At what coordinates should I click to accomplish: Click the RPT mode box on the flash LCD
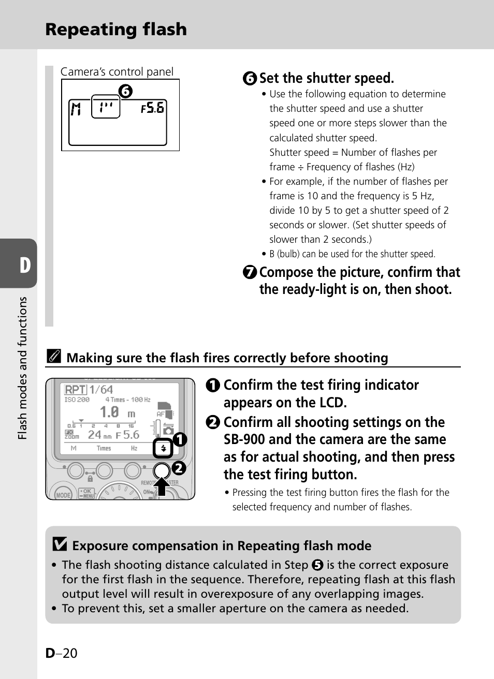pos(75,390)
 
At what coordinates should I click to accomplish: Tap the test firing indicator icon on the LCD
pos(163,448)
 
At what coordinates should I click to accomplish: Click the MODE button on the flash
pos(63,494)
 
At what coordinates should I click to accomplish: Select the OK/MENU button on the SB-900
pos(86,493)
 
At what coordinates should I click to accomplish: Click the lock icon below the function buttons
pos(90,479)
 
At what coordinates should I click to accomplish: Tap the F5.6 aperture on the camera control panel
pos(153,108)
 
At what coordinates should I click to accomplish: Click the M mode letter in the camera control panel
pos(76,109)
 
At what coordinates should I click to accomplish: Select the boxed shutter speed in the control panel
pos(106,107)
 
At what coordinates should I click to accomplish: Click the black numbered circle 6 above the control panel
pos(125,92)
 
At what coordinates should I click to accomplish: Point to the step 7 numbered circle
pos(250,272)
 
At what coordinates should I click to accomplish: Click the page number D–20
pos(61,653)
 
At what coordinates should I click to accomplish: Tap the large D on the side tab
pos(25,265)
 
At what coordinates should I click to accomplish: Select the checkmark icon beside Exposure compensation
pos(60,544)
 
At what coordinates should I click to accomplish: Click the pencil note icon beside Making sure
pos(53,356)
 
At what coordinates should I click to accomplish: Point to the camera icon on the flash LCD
pos(168,430)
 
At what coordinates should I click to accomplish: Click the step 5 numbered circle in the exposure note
pos(317,565)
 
